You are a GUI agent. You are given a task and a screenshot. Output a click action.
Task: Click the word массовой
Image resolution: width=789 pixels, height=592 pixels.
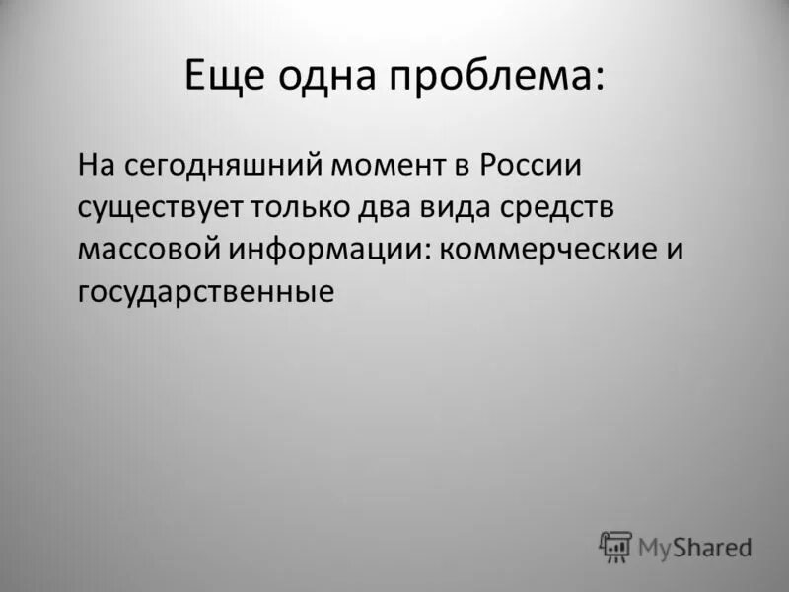pos(149,249)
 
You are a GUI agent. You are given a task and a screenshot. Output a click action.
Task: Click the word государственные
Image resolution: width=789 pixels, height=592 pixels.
pos(206,292)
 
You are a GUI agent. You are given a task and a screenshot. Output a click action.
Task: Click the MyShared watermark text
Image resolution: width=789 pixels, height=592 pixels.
pos(694,546)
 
